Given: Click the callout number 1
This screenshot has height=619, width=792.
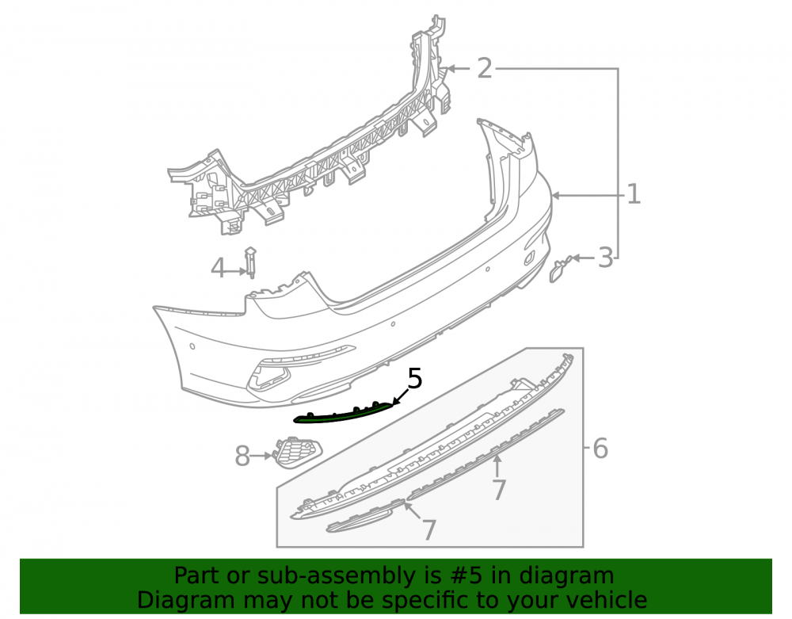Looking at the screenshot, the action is click(634, 194).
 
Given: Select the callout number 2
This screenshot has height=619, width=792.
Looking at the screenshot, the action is click(485, 68).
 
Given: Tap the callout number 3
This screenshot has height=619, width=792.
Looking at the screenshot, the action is click(605, 258).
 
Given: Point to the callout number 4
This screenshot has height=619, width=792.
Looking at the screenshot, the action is click(218, 269).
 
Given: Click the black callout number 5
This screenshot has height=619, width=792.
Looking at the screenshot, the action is click(415, 379).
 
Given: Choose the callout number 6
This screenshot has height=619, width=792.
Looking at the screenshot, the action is click(600, 449).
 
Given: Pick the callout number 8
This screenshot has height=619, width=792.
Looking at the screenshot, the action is click(242, 457).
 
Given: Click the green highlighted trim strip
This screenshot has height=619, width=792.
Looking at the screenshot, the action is click(344, 413).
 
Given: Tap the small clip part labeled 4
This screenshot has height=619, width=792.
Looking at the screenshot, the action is click(250, 262).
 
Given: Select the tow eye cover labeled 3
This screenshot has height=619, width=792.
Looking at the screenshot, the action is click(560, 269).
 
